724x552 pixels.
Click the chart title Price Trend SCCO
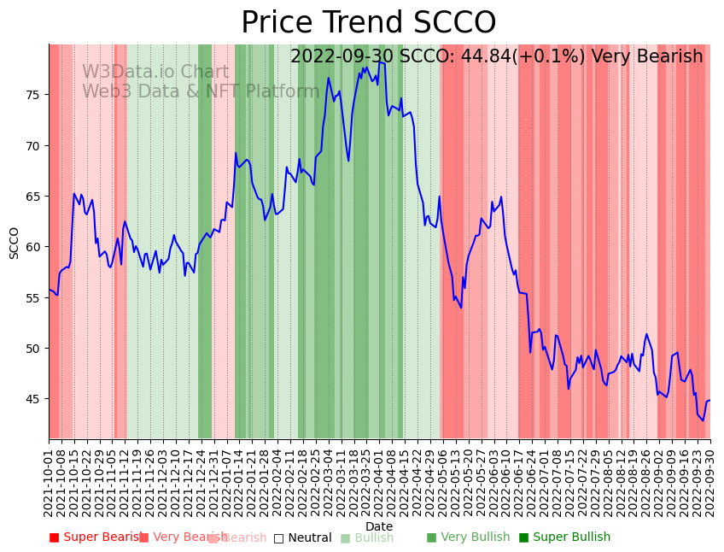click(368, 23)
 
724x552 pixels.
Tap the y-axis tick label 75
click(32, 95)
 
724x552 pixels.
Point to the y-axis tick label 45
click(32, 399)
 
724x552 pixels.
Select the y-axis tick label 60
click(32, 247)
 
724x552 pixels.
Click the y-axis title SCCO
click(15, 243)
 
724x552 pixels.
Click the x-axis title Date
click(379, 527)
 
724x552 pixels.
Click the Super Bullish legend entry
click(564, 537)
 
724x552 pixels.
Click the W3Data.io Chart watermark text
click(155, 73)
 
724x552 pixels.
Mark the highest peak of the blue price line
click(380, 62)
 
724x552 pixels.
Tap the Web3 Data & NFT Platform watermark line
click(201, 91)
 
